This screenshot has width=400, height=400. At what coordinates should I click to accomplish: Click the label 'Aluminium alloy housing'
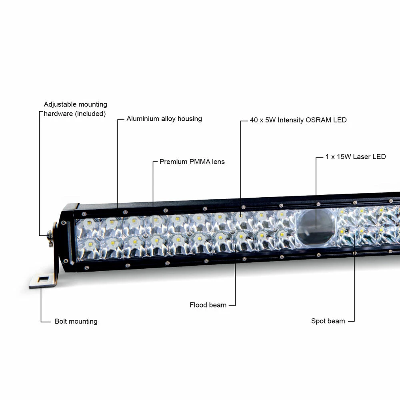(164, 119)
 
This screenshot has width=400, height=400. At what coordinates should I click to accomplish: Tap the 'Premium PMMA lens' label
(192, 162)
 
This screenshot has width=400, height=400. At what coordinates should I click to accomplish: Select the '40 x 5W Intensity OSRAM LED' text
(298, 120)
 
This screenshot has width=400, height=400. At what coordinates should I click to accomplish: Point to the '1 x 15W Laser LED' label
(356, 157)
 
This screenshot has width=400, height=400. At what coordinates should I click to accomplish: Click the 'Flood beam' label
(208, 305)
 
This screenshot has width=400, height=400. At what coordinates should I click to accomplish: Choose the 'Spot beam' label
(328, 321)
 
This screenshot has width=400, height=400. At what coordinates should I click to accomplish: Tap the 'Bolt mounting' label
(76, 321)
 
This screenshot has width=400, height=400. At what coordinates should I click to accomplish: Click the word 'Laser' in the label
(362, 157)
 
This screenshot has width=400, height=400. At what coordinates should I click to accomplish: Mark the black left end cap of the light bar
(67, 236)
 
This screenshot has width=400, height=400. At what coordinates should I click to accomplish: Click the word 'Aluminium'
(143, 119)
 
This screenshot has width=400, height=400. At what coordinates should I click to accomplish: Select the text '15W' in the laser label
(344, 157)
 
